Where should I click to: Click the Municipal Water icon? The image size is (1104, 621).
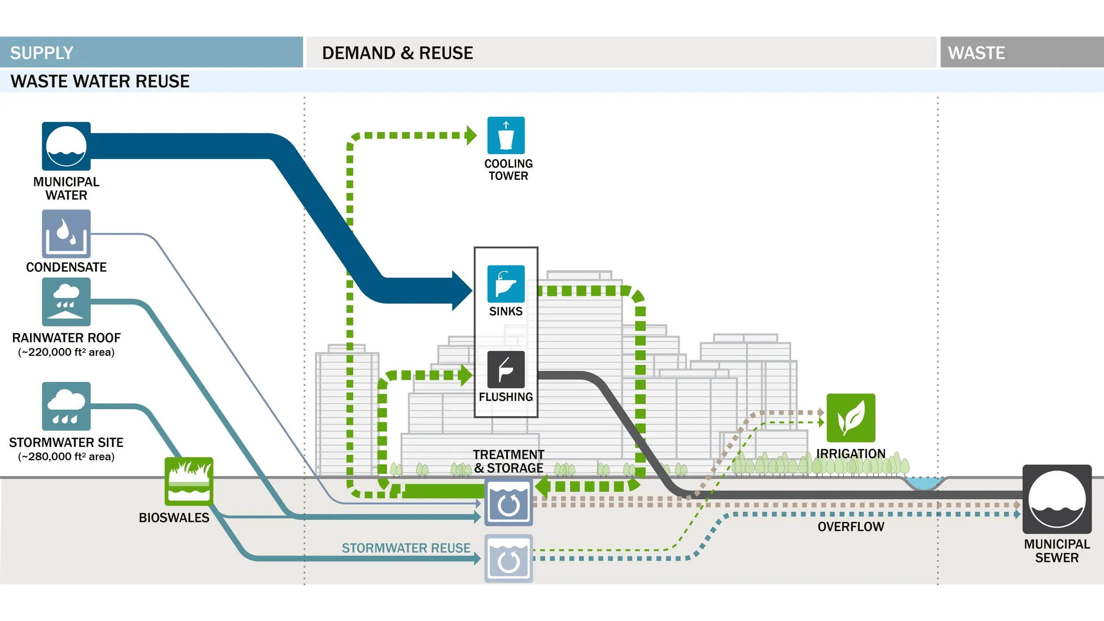(66, 146)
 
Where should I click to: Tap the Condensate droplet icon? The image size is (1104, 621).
(66, 234)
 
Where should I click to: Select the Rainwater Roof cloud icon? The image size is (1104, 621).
(66, 302)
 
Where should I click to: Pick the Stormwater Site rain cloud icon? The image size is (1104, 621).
(66, 406)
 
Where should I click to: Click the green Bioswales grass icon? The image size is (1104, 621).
(189, 481)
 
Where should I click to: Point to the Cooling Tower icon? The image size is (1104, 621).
(506, 136)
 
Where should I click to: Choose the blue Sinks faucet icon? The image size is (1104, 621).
(506, 284)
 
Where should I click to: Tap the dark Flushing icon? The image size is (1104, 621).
(506, 369)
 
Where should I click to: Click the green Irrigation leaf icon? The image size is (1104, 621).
(851, 418)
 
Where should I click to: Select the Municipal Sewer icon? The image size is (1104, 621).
(1057, 499)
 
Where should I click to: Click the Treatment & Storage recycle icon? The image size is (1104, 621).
(508, 504)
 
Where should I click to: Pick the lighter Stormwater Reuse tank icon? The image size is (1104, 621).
(508, 559)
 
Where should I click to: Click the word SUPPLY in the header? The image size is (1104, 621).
(42, 53)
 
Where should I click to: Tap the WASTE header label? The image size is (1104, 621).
(976, 53)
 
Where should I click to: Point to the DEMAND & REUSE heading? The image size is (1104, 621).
(397, 53)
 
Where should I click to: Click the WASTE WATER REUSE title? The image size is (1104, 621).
(100, 81)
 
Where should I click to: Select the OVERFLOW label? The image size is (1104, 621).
(851, 526)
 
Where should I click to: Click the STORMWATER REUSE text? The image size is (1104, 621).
(406, 548)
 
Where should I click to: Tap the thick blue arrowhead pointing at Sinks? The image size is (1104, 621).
(461, 291)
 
